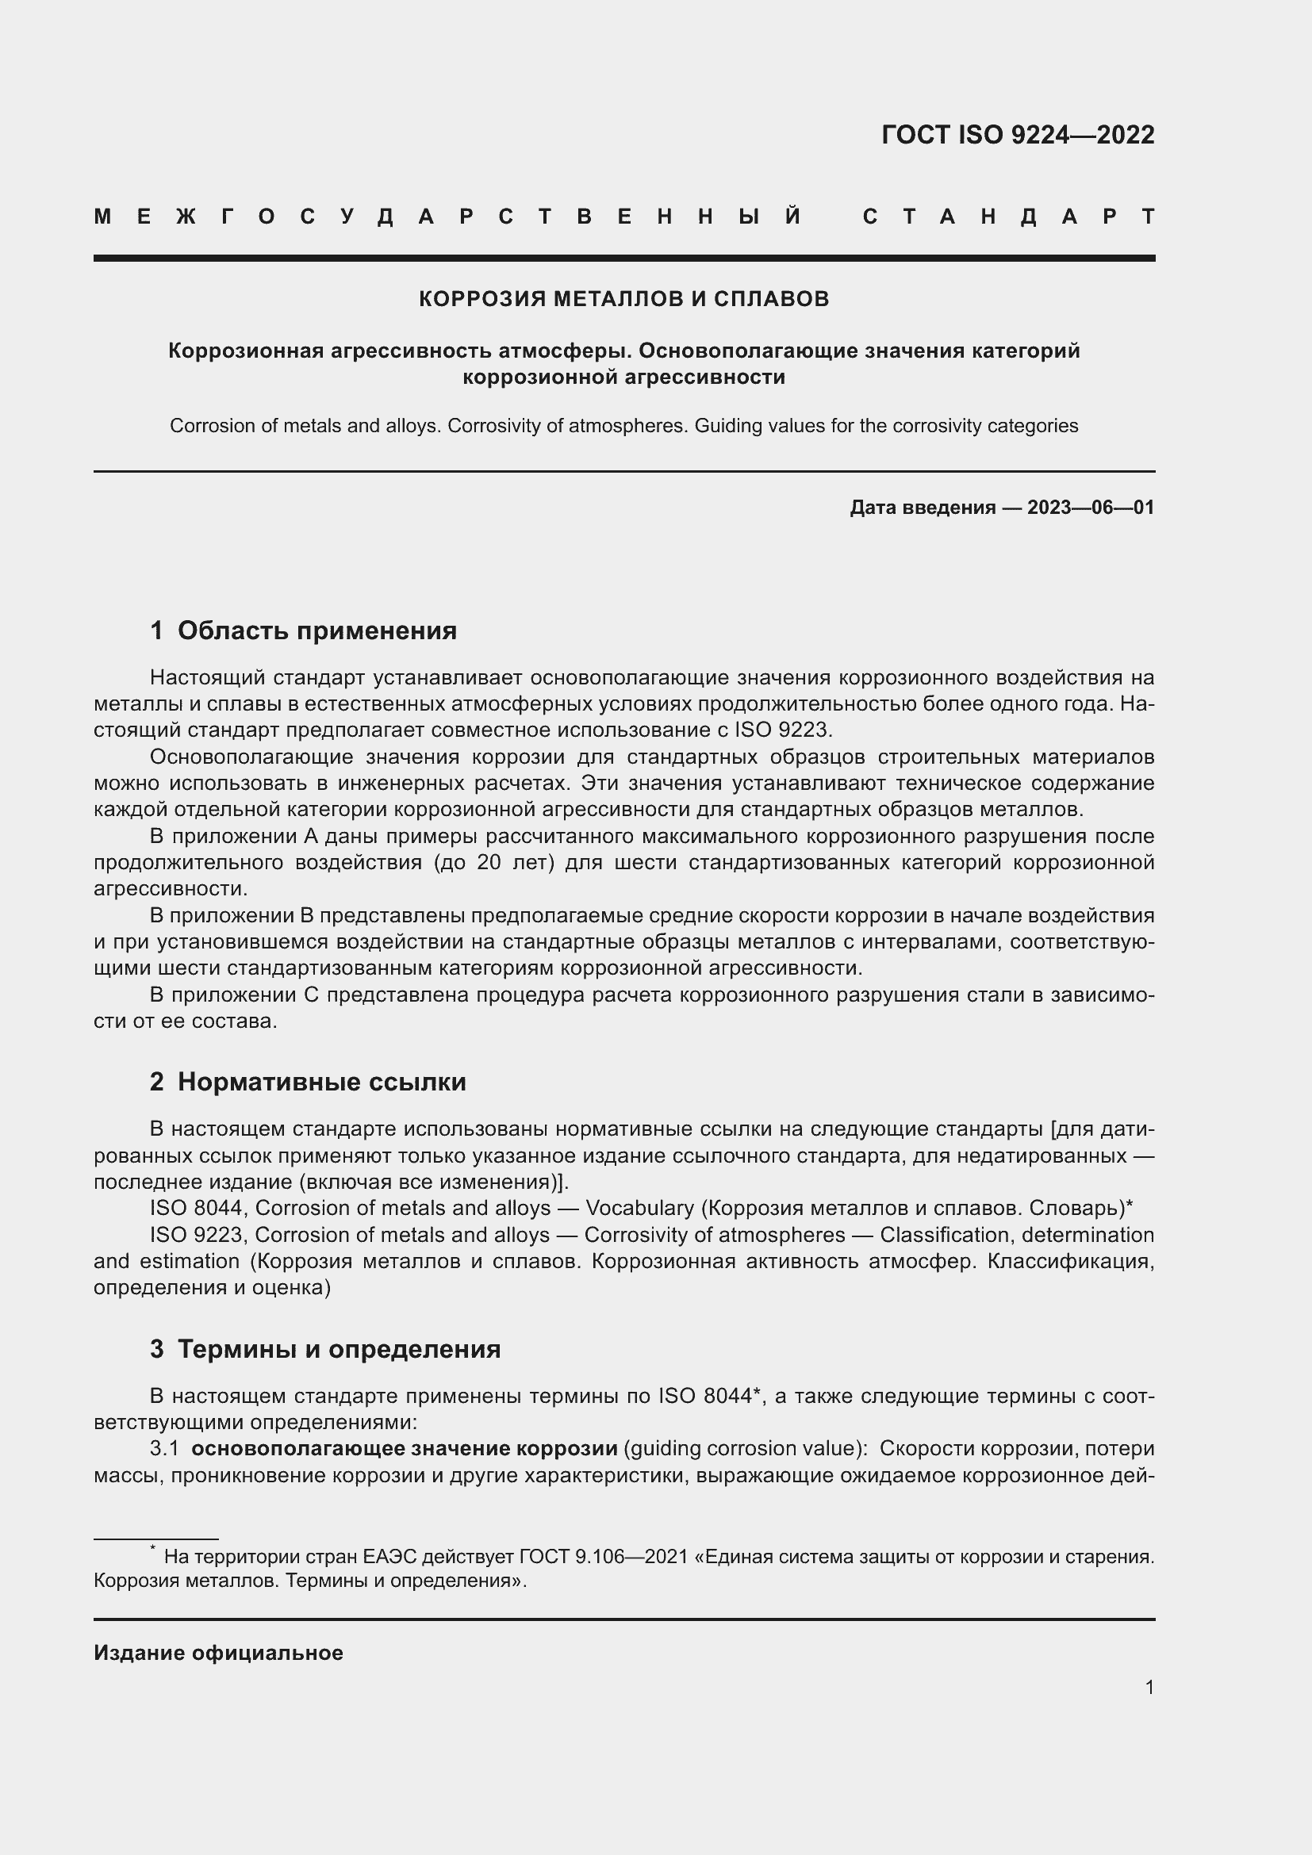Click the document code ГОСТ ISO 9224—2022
coord(1017,134)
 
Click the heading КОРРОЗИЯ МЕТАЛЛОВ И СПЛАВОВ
coord(623,299)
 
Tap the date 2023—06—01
coord(1090,508)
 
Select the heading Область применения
coord(316,630)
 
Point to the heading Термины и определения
coord(339,1348)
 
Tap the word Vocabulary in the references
coord(639,1208)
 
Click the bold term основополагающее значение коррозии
coord(404,1449)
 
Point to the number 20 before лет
coord(489,862)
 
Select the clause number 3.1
coord(164,1449)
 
